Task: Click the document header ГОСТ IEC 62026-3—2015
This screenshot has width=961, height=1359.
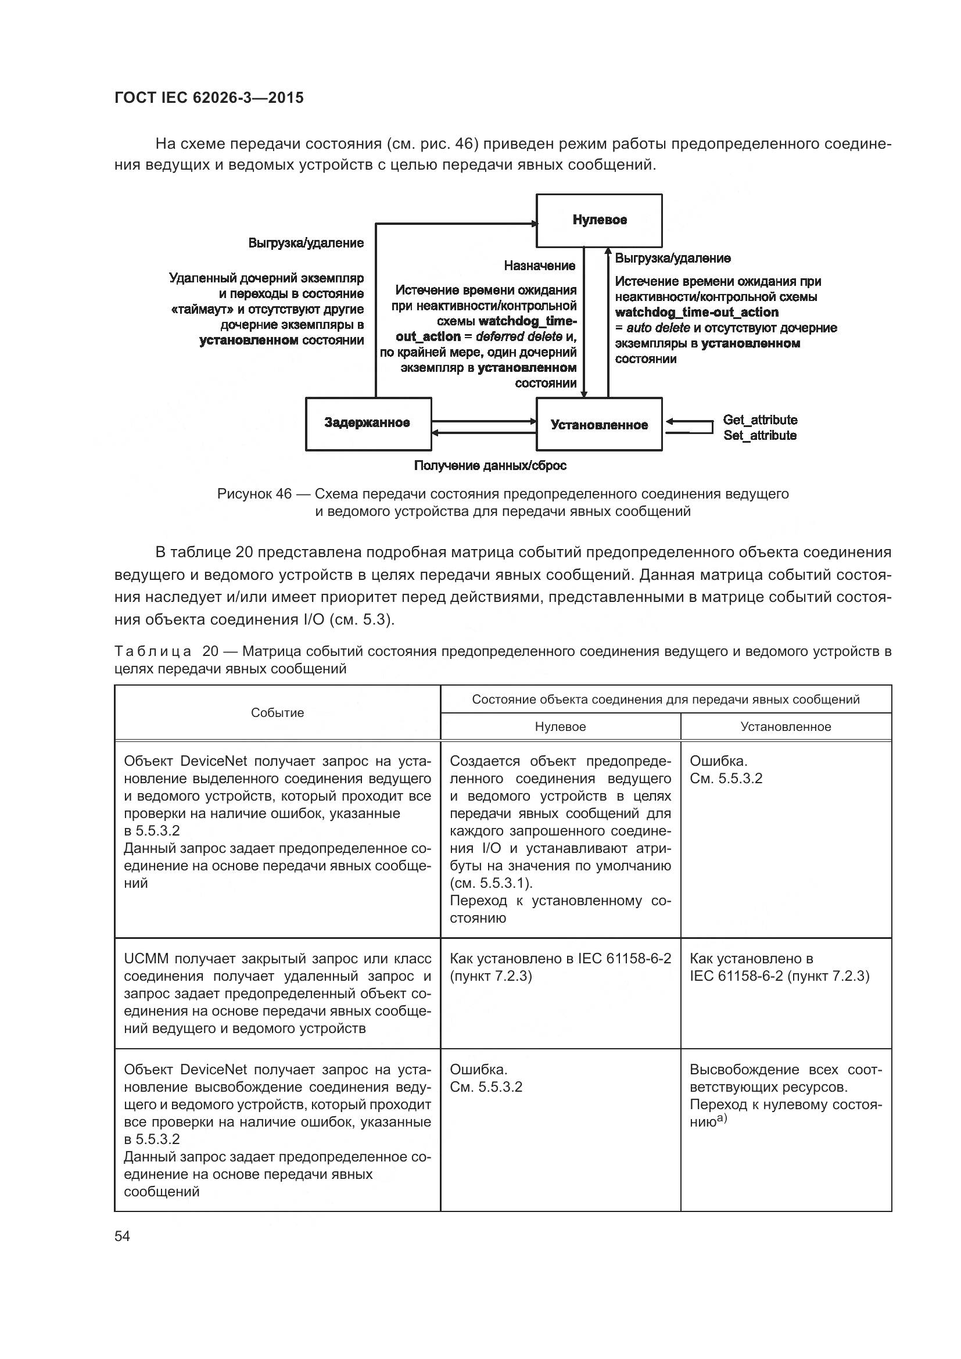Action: (209, 98)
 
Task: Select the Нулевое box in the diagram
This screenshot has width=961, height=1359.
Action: (599, 220)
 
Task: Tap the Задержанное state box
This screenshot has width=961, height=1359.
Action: (367, 423)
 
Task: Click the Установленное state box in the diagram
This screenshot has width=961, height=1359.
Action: (599, 425)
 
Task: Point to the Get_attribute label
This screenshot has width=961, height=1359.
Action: (760, 419)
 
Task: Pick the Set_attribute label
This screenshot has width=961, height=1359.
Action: (760, 436)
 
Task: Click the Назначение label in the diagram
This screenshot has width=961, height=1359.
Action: (539, 266)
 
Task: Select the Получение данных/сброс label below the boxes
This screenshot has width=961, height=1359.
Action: (490, 466)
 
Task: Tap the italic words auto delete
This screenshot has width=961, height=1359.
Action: (658, 328)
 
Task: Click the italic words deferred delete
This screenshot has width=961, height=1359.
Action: (518, 336)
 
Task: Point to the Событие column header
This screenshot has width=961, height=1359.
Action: (277, 713)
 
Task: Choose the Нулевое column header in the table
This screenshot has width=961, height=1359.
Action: (560, 727)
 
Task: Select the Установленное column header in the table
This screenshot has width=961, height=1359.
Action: (786, 727)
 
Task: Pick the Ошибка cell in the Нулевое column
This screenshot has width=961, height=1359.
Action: (478, 1070)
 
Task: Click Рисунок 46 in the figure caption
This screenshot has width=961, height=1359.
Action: (254, 494)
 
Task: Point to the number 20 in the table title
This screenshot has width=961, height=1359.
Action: (210, 652)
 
